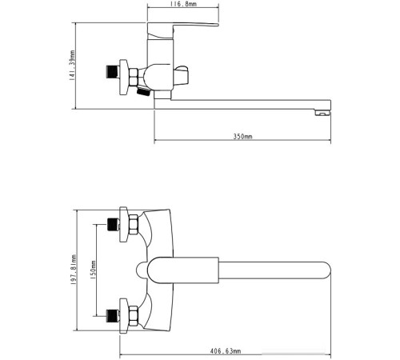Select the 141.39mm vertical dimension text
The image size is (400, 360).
[x=73, y=66]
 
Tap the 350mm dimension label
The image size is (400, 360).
[x=242, y=137]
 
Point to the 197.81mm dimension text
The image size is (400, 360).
[x=73, y=272]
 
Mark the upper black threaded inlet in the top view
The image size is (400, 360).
[x=114, y=226]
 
